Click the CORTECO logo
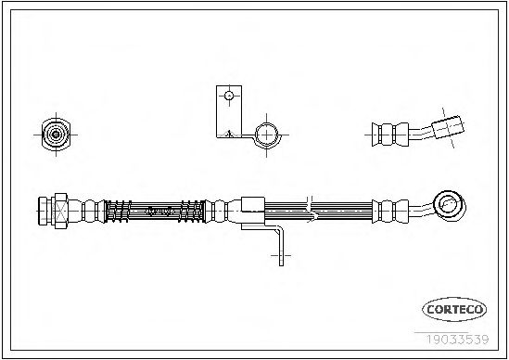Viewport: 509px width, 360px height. tap(454, 309)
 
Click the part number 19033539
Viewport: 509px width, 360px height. tap(457, 340)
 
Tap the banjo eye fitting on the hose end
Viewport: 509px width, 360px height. tap(450, 204)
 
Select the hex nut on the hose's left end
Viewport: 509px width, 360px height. tap(60, 211)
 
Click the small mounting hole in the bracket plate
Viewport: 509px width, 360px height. tap(229, 96)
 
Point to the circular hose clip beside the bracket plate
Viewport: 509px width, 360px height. tap(267, 135)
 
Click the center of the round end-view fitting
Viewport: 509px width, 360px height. tap(56, 135)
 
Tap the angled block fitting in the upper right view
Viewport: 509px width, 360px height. tap(448, 127)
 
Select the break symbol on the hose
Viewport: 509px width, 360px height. tap(310, 210)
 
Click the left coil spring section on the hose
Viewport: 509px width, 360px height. tap(118, 212)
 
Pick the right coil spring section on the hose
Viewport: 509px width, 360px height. tap(192, 212)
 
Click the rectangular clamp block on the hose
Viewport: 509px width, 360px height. tap(253, 205)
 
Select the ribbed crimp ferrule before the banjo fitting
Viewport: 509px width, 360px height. tap(390, 212)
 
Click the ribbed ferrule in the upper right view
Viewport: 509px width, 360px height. tap(390, 135)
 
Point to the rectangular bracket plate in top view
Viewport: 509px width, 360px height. tap(229, 111)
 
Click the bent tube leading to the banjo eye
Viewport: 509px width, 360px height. tap(421, 210)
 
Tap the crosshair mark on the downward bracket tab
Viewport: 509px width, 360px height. tap(281, 256)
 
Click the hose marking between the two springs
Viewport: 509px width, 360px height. tap(159, 212)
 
